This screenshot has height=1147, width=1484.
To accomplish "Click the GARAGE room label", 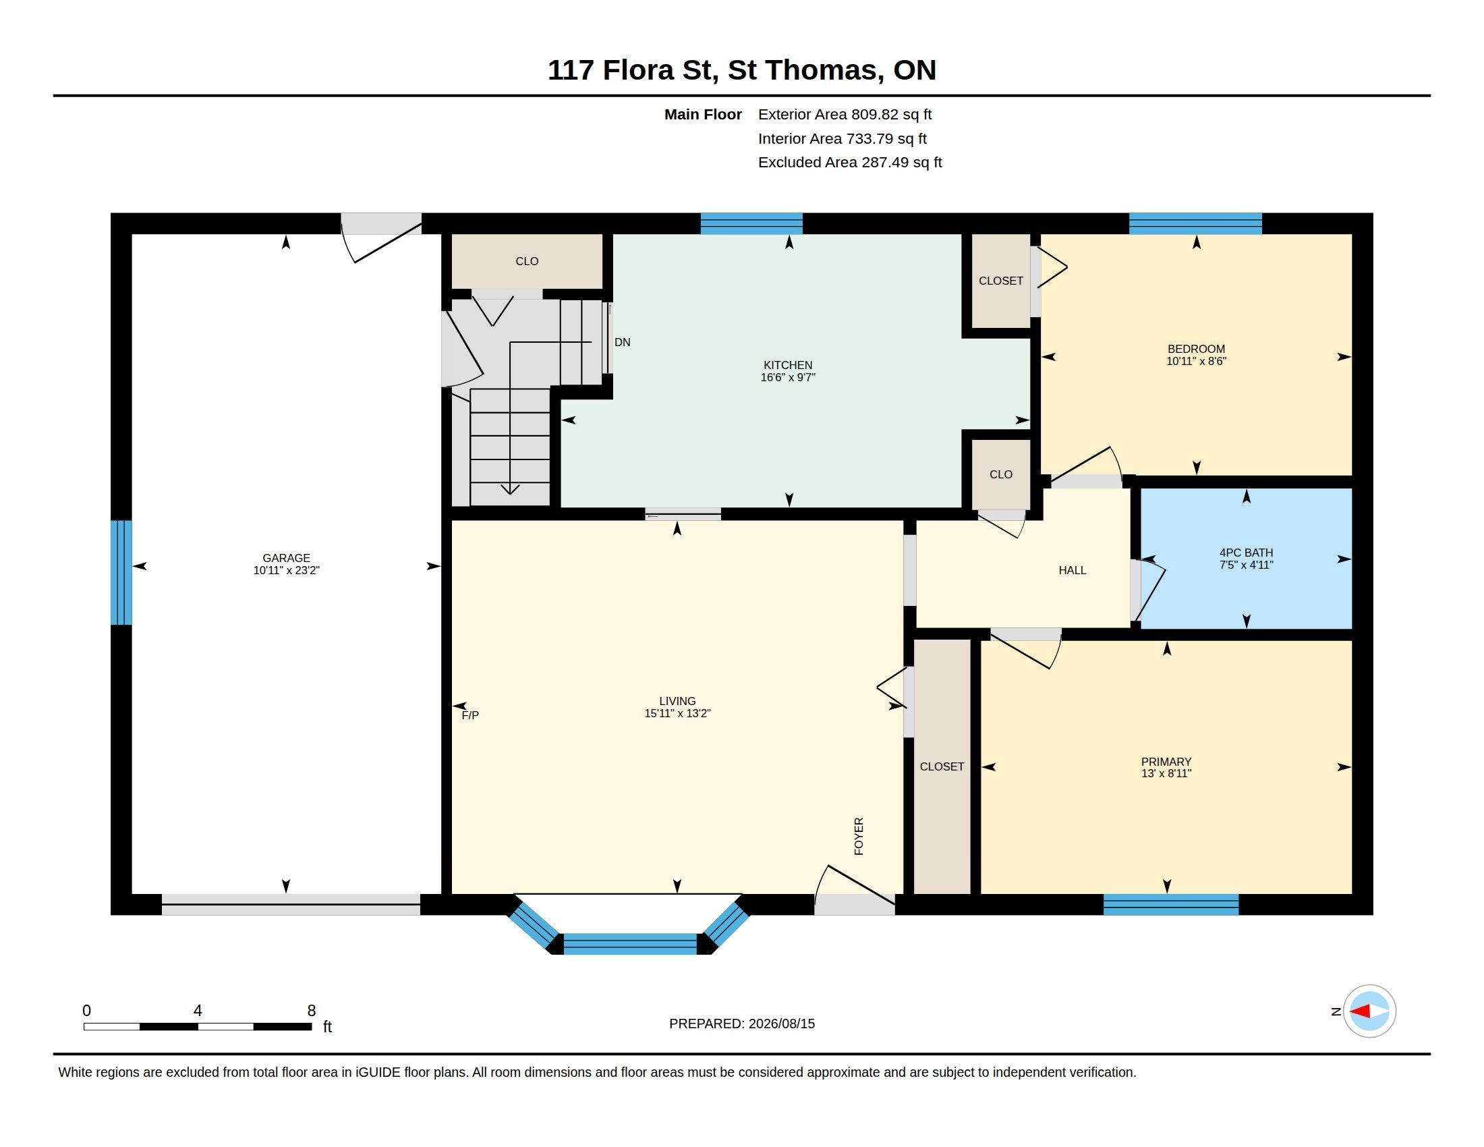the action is tap(286, 558).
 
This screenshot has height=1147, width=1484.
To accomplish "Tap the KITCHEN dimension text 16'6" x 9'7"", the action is tap(787, 377).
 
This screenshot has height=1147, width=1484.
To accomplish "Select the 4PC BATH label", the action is tap(1246, 553).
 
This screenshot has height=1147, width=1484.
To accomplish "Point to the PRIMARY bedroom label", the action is tap(1166, 762).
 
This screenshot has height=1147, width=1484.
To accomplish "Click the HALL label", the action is tap(1073, 570).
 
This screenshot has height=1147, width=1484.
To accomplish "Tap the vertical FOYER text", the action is tap(859, 836).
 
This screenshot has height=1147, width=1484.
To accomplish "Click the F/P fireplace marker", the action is tap(470, 715).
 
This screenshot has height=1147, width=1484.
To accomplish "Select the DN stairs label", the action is tap(623, 343).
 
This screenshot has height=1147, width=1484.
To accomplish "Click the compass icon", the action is tap(1369, 1011).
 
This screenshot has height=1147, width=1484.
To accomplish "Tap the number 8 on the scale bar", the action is tap(311, 1011).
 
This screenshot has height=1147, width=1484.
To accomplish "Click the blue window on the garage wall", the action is tap(121, 572).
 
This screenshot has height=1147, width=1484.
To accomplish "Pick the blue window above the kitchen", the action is tap(751, 223).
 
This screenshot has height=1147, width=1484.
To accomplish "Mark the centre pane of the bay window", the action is tap(630, 944).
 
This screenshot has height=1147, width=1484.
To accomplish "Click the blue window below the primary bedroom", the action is tap(1171, 904).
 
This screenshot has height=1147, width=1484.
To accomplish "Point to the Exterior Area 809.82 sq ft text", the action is tap(845, 114).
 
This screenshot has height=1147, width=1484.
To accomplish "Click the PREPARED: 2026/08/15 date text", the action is tap(742, 1024).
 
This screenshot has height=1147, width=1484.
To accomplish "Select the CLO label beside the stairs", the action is tap(527, 261).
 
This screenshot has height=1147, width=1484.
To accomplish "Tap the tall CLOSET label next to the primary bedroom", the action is tap(942, 766).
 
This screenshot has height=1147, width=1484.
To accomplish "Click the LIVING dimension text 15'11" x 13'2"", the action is tap(677, 713).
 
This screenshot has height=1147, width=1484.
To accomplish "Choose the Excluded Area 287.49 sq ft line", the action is tap(850, 163).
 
